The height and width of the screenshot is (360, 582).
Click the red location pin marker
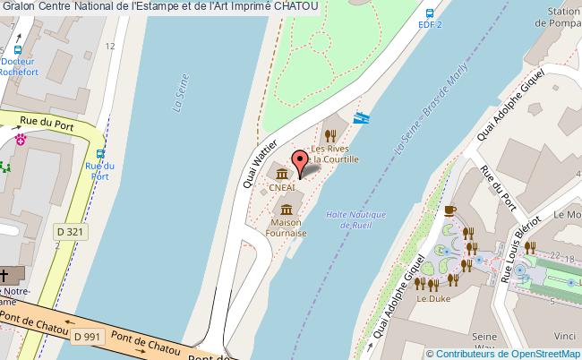(x=301, y=164)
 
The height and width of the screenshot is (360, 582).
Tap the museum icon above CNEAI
(x=281, y=173)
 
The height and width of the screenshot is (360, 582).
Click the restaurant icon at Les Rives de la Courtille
(x=330, y=136)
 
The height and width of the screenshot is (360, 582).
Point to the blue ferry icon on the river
(x=362, y=117)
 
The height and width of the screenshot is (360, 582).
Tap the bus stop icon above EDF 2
(x=431, y=14)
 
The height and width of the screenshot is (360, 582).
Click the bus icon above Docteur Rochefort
(x=18, y=51)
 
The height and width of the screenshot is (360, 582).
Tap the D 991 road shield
(x=88, y=336)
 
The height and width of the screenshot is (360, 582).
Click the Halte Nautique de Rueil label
(x=355, y=219)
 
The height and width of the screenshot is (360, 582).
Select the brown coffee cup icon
(x=450, y=211)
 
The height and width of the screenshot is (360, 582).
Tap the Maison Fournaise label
(x=287, y=227)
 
